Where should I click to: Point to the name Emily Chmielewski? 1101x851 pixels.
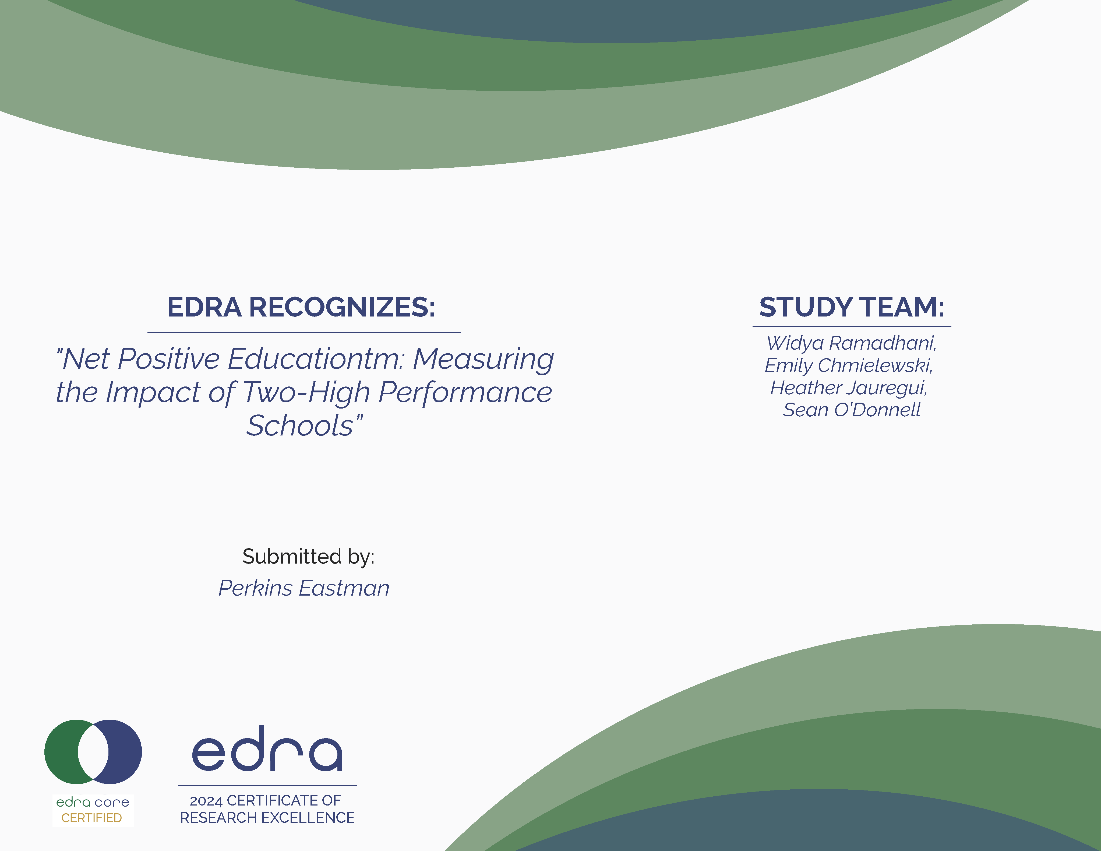tap(849, 365)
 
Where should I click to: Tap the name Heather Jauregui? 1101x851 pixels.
tap(849, 388)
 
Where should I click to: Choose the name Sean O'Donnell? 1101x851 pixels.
tap(852, 410)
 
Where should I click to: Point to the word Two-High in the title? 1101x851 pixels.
tap(306, 393)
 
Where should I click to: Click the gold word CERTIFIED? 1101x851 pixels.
tap(92, 818)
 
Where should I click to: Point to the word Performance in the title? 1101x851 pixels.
tap(465, 393)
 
